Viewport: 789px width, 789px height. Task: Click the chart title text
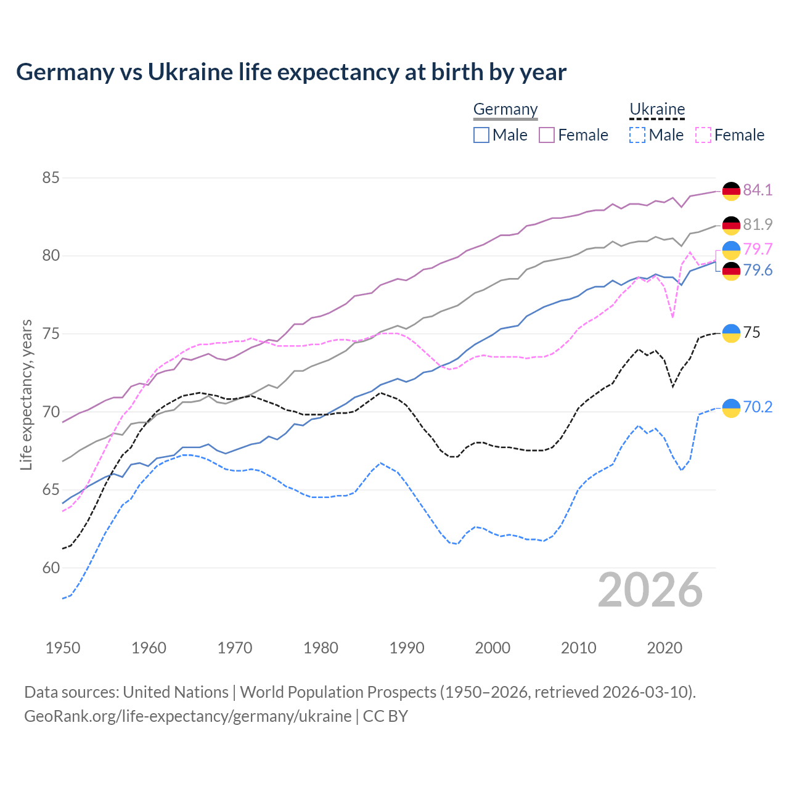coord(291,72)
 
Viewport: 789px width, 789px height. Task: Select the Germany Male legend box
coord(481,135)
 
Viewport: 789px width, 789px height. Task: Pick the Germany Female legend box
coord(547,135)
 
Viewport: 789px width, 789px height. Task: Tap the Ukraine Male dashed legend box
coord(637,135)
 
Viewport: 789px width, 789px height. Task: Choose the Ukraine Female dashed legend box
coord(703,135)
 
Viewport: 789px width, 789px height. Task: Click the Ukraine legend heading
coord(657,109)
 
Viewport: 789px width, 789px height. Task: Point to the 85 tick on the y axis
coord(51,178)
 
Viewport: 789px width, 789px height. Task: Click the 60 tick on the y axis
coord(51,568)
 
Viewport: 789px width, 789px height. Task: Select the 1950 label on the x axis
coord(63,648)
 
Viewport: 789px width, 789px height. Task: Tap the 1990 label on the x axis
coord(407,648)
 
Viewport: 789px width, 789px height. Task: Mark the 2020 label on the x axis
coord(664,648)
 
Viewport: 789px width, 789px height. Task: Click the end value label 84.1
coord(758,190)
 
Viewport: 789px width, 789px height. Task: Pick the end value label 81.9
coord(758,224)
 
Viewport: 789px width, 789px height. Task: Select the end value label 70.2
coord(758,407)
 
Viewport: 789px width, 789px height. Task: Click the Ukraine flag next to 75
coord(731,333)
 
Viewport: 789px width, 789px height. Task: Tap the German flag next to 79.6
coord(731,271)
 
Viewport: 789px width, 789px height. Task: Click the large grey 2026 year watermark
coord(650,591)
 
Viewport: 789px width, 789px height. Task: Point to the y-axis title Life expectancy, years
coord(26,394)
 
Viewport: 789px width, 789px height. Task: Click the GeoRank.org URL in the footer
coord(187,716)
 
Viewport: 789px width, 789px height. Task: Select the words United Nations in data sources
coord(176,692)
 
